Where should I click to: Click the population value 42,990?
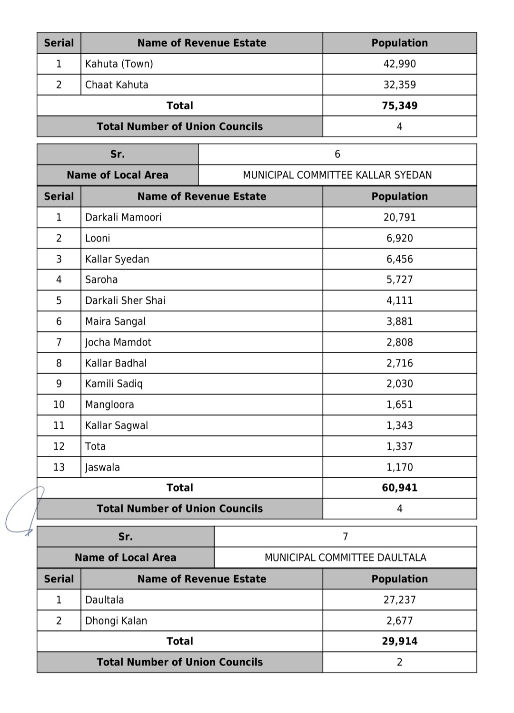point(399,64)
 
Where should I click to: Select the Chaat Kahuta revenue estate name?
point(117,85)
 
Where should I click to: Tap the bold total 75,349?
point(399,106)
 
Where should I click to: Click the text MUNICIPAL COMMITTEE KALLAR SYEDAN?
point(337,175)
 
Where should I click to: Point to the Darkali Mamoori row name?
point(123,217)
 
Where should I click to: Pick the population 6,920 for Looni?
point(399,238)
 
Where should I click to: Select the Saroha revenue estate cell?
point(101,279)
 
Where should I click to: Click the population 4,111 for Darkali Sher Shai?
point(399,300)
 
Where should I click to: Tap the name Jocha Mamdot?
point(118,342)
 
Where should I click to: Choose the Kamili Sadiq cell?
point(114,384)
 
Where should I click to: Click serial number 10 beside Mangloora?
point(59,405)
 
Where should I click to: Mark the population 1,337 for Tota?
point(399,446)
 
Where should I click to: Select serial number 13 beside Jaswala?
point(59,467)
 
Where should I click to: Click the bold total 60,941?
point(399,488)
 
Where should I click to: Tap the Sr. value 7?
point(345,537)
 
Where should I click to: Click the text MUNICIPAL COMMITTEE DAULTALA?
point(345,558)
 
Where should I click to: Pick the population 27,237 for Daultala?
point(399,600)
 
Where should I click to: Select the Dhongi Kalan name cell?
point(116,621)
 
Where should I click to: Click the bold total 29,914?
point(399,641)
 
